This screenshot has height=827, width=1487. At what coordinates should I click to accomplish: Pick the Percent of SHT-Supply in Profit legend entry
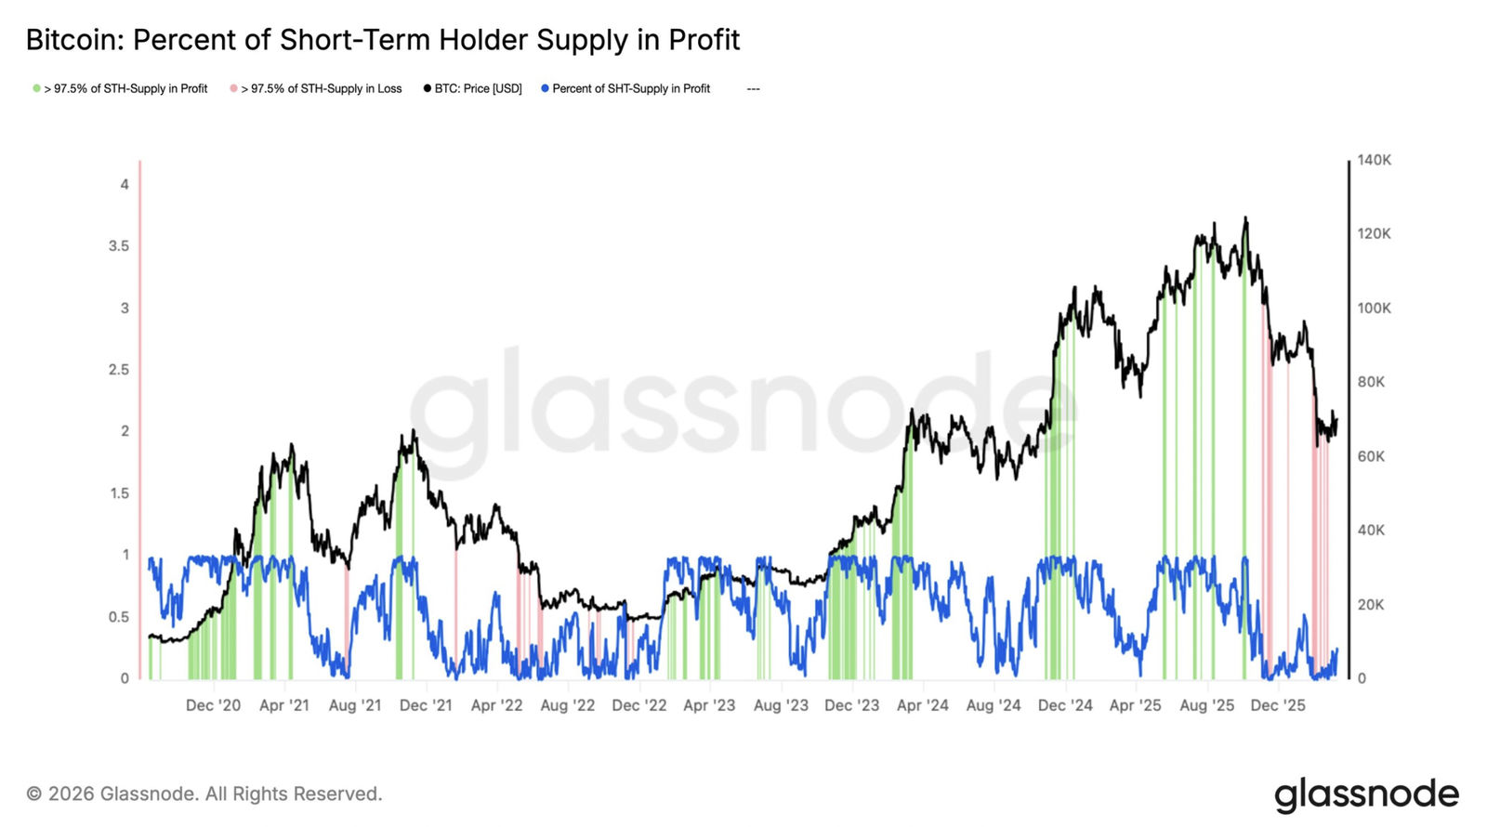[630, 89]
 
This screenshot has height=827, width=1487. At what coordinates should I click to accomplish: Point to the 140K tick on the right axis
[1374, 160]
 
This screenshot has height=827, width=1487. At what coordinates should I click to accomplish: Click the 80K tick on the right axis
[1370, 382]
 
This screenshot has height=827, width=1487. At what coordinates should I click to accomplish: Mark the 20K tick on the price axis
[1370, 605]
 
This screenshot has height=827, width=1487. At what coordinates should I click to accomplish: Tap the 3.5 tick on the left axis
[119, 246]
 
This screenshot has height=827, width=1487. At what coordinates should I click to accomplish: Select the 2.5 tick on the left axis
[119, 370]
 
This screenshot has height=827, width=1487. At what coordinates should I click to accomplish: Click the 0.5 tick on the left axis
[119, 617]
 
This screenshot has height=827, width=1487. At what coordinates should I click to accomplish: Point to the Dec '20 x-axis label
[213, 705]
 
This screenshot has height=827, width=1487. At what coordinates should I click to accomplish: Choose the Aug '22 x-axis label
[567, 705]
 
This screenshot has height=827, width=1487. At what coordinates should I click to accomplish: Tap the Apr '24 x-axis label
[922, 705]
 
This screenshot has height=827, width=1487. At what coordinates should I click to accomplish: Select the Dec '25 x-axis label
[1277, 705]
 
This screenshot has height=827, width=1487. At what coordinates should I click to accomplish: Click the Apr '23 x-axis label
[709, 705]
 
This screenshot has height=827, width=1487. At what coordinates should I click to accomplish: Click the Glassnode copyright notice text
[204, 794]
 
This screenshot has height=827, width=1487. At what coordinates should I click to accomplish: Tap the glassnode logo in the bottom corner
[1366, 795]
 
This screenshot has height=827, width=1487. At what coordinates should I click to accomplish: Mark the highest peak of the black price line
[1245, 218]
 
